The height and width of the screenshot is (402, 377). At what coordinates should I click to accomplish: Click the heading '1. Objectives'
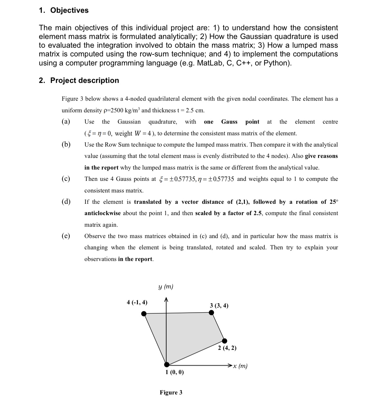click(x=63, y=10)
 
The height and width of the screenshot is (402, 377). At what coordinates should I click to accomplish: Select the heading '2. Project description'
click(x=79, y=80)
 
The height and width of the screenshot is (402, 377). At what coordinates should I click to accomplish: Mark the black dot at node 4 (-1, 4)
click(x=144, y=313)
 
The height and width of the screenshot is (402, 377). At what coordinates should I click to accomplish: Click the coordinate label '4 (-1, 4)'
click(x=137, y=302)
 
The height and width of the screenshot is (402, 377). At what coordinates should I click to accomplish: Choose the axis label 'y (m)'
click(x=166, y=287)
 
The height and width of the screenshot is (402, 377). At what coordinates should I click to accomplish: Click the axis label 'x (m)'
click(x=241, y=366)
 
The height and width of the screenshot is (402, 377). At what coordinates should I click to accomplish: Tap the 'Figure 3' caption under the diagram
click(x=171, y=392)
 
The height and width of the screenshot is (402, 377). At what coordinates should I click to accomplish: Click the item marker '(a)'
click(x=66, y=122)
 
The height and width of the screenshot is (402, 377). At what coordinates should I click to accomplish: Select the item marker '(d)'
click(x=66, y=202)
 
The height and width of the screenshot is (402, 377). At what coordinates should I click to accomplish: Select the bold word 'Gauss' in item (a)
click(x=229, y=122)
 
